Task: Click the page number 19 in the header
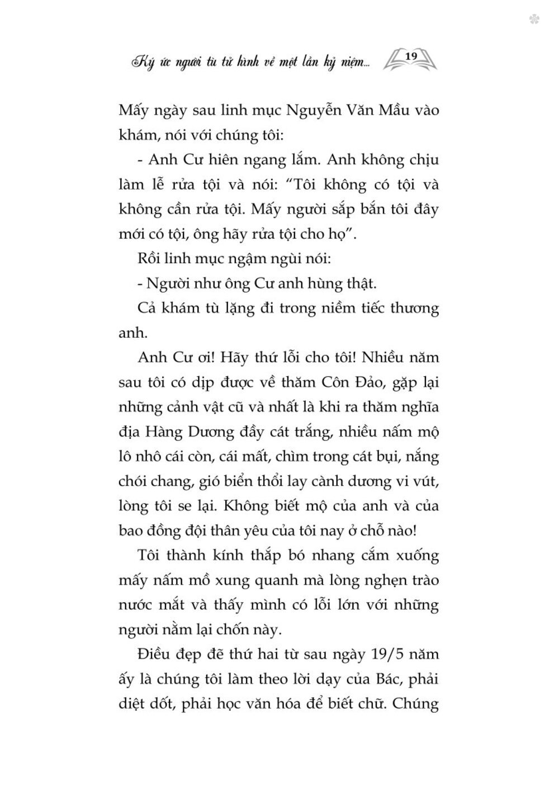[410, 56]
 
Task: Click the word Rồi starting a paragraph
[148, 259]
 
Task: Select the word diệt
[133, 704]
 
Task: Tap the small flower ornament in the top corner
[535, 19]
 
